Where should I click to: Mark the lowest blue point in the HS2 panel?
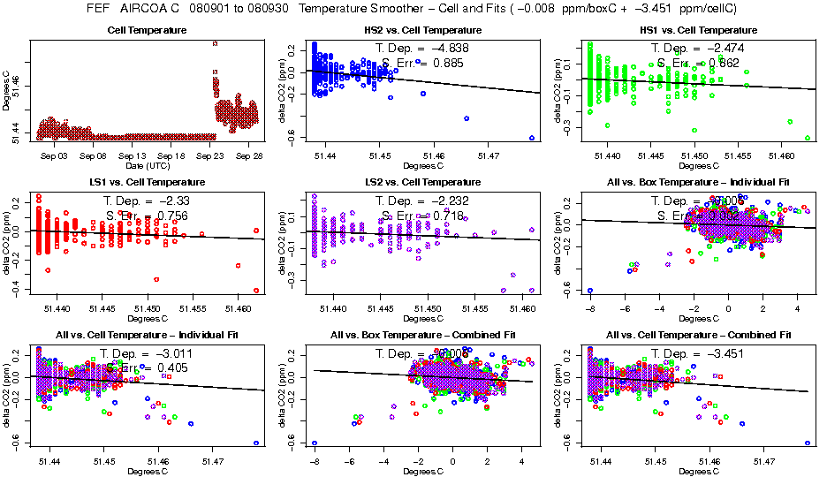[x=532, y=138]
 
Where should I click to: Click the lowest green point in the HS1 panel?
[x=808, y=138]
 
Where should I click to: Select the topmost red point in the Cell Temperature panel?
[x=215, y=42]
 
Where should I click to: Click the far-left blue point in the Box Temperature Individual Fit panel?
[x=590, y=291]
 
